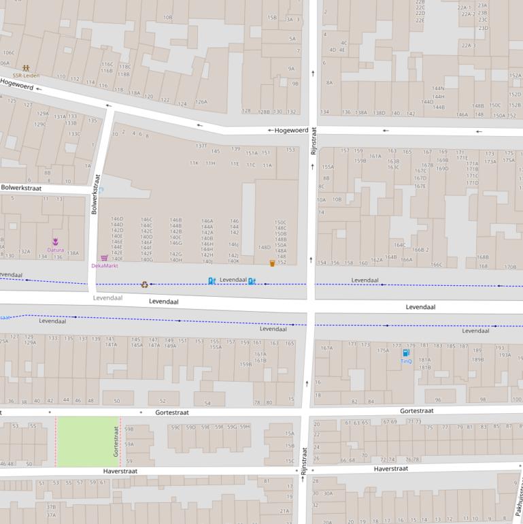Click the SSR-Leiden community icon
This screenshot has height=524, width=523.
[x=26, y=68]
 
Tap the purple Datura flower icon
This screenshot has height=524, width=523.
[x=56, y=242]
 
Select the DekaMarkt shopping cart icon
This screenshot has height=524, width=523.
[x=104, y=258]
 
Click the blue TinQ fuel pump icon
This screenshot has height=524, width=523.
[x=406, y=353]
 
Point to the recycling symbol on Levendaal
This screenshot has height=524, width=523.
[x=145, y=284]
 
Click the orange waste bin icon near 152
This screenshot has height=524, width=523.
[x=272, y=263]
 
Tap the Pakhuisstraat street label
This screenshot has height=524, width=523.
[x=518, y=497]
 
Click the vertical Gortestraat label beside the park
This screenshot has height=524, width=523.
[x=116, y=442]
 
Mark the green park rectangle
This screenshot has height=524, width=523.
[x=88, y=442]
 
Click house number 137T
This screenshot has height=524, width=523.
[x=201, y=146]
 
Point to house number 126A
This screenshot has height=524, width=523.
[x=201, y=102]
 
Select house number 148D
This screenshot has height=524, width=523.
[x=265, y=247]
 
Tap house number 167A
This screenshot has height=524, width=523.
[x=326, y=348]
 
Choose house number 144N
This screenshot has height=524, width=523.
[x=438, y=88]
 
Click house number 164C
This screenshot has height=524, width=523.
[x=399, y=245]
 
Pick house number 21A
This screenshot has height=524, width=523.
[x=284, y=510]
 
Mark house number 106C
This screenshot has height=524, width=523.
[x=8, y=52]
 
